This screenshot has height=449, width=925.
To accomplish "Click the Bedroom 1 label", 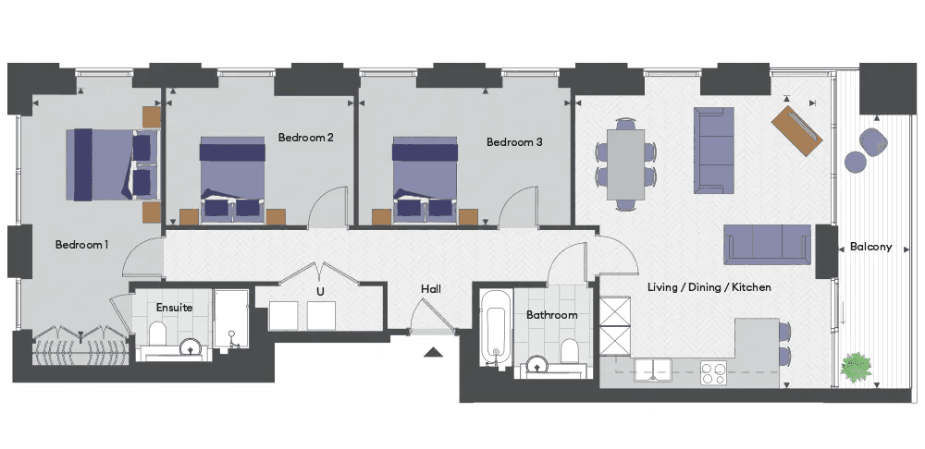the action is tap(81, 245).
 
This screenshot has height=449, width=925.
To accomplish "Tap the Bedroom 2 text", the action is tap(306, 138).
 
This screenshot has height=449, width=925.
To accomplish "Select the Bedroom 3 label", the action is tap(514, 142).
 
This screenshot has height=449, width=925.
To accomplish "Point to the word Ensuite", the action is tap(174, 308).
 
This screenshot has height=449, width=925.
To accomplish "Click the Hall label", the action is tap(431, 289).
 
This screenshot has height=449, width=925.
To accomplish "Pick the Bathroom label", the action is tap(551, 315).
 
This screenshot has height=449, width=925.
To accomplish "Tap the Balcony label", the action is tap(870, 248).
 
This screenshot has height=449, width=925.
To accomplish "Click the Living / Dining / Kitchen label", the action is tap(709, 287).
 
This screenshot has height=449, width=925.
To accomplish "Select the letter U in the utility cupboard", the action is tap(320, 292).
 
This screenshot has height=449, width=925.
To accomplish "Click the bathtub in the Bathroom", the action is tap(494, 329).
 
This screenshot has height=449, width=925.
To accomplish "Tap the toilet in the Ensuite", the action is tap(158, 334).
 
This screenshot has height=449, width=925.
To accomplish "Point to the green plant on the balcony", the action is tap(856, 367).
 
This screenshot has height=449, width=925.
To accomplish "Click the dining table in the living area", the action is tap(626, 164).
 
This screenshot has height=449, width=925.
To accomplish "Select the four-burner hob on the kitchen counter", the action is tap(714, 373).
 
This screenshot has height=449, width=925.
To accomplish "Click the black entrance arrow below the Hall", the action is tap(434, 352).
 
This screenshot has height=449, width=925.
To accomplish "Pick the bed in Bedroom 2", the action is tap(232, 180).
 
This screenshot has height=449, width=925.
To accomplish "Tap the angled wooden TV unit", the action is tap(797, 131).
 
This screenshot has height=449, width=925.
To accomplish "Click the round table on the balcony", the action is tap(855, 162).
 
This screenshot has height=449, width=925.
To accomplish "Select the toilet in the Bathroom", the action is tap(570, 351).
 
